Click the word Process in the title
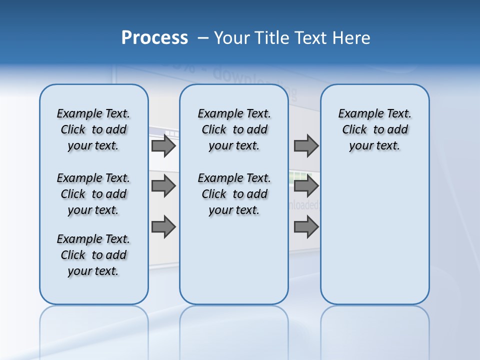coord(154,38)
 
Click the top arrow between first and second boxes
coord(163,146)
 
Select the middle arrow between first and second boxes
coord(163,186)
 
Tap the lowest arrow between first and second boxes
coord(163,227)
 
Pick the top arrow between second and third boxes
coord(306,146)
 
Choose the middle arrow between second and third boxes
coord(306,186)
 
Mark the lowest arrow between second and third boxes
coord(306,227)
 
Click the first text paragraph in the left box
coord(93,129)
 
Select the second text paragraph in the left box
coord(93,194)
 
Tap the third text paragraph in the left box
coord(93,255)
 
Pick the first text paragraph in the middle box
coord(234,129)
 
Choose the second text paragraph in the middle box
coord(234,194)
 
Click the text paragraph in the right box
coord(374,129)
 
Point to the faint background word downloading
coord(250,80)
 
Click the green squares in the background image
coord(300,176)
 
